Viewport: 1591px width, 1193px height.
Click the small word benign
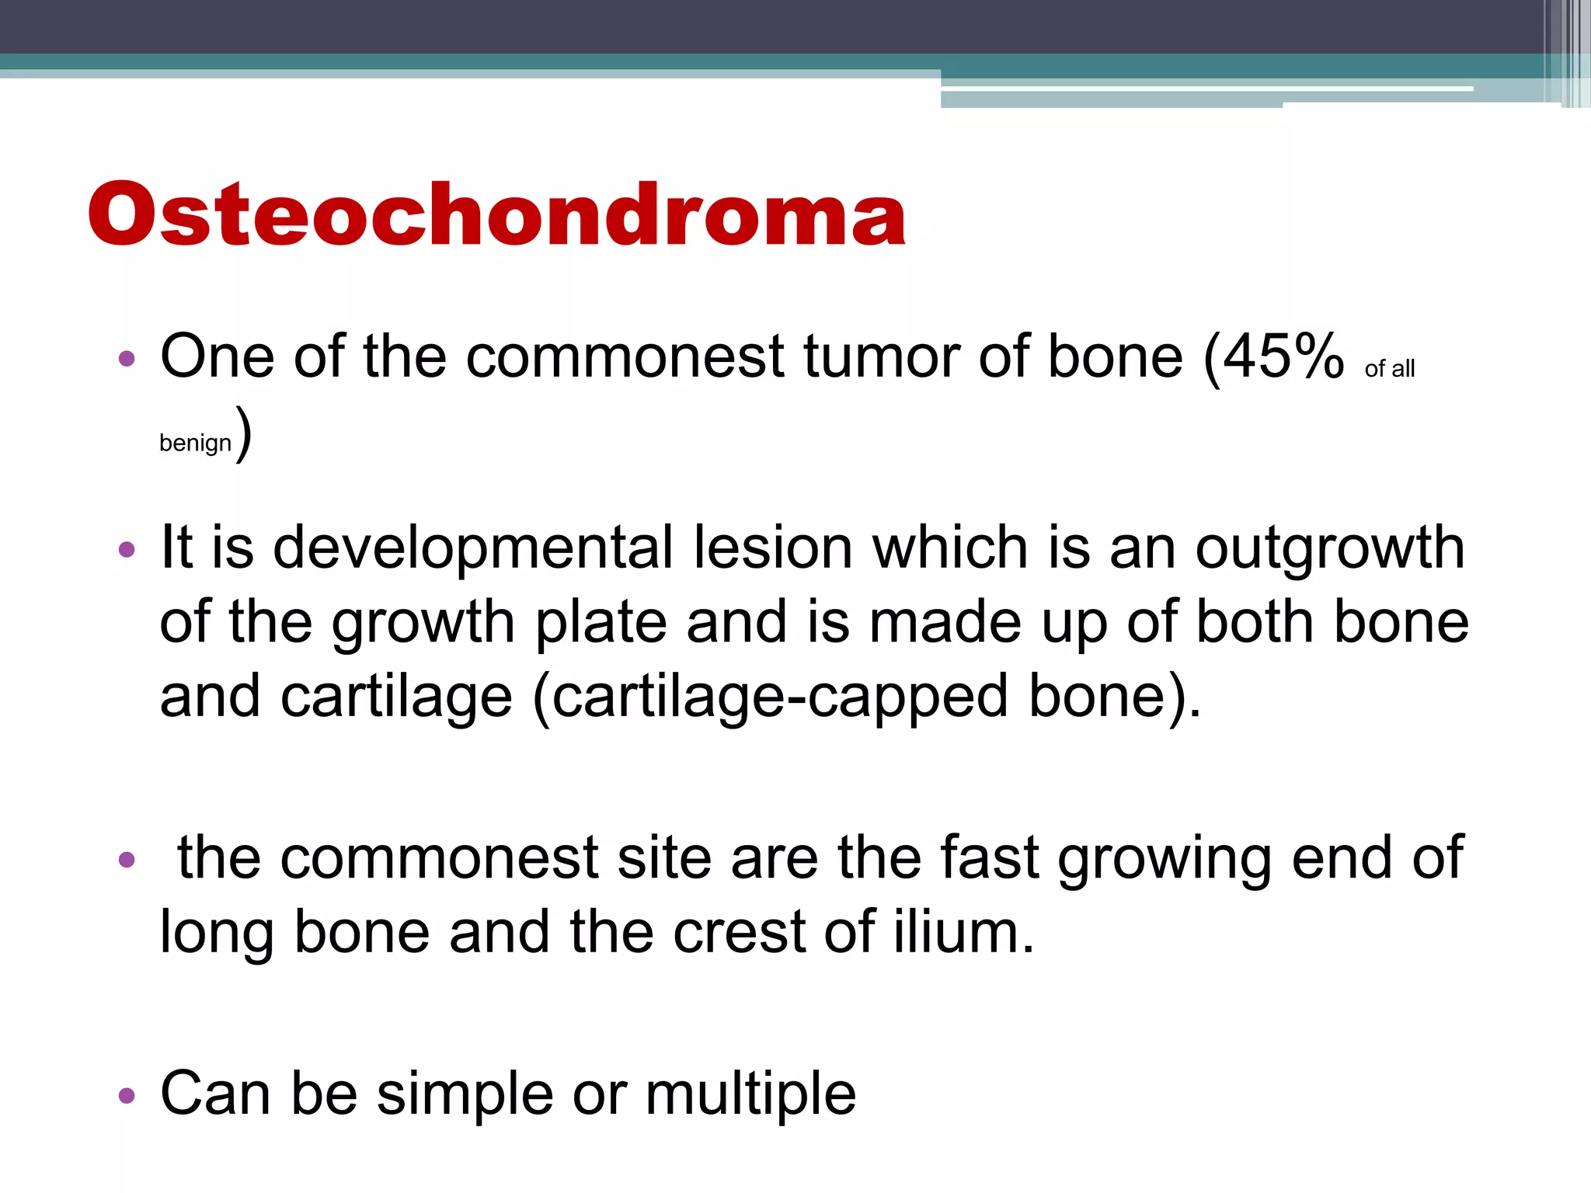click(195, 443)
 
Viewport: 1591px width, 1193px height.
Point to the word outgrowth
click(1329, 548)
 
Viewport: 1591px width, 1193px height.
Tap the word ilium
click(963, 931)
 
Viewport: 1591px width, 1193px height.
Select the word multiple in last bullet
click(750, 1094)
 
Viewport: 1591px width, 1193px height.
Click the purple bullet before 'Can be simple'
click(127, 1096)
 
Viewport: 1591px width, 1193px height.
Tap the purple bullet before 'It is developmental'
click(127, 551)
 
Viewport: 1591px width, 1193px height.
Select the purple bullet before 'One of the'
click(127, 359)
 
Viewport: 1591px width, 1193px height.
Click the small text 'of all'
click(1389, 369)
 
